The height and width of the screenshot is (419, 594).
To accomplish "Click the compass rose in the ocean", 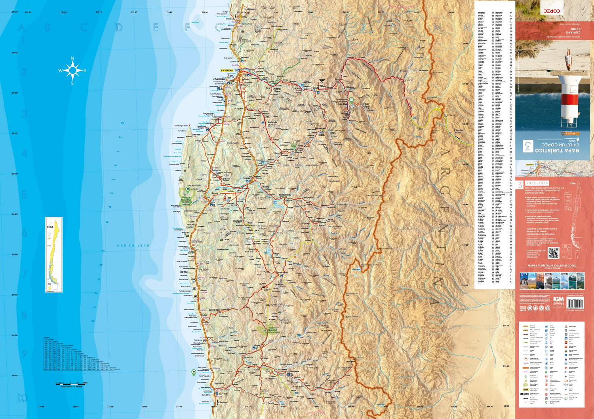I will pos(72,71).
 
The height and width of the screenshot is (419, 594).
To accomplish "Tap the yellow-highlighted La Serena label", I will pos(227,70).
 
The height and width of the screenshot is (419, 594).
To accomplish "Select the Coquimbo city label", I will pos(219,79).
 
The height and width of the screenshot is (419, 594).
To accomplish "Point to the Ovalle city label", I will pos(247,178).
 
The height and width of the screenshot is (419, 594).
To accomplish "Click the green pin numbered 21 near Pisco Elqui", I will pos(351,100).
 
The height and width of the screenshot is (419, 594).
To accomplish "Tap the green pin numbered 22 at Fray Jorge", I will pos(188,190).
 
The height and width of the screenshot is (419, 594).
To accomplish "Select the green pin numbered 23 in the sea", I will pos(194,372).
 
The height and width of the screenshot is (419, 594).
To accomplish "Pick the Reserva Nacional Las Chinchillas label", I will pos(273,330).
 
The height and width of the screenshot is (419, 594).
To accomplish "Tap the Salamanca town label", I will pos(294,371).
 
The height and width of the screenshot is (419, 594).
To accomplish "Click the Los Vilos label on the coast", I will pos(206,395).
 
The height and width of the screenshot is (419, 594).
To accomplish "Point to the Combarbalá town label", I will pos(283,272).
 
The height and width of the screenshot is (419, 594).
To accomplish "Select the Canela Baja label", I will pos(214,310).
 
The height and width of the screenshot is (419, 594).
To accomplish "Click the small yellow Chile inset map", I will pos(54,254).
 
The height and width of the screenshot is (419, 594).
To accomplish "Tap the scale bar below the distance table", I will pos(71,383).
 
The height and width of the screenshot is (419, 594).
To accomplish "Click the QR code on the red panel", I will pos(553,252).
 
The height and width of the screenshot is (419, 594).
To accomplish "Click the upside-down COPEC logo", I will pos(552,11).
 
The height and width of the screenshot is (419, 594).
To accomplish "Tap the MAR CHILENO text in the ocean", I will pos(133,246).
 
